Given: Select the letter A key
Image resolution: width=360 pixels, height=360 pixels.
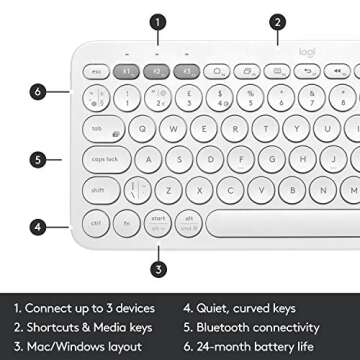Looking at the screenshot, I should pyautogui.click(x=148, y=159).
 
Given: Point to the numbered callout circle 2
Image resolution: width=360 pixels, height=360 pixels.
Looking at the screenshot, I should pyautogui.click(x=276, y=19).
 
